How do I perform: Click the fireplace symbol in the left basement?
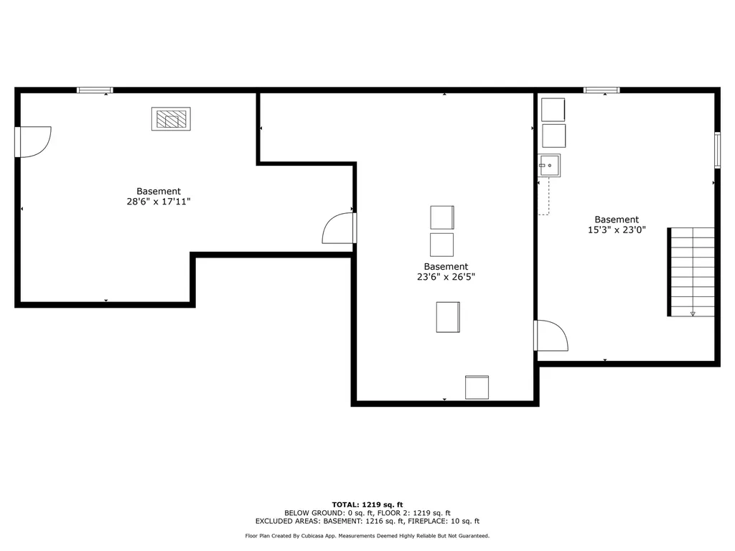click(171, 119)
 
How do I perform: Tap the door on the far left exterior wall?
click(32, 141)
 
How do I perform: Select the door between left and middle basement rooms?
click(340, 228)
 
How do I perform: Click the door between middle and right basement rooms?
click(551, 335)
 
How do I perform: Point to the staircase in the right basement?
click(692, 272)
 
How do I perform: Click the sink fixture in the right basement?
click(550, 166)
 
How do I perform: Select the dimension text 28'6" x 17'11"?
click(159, 202)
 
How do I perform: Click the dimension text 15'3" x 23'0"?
click(616, 230)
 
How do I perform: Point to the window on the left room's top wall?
click(95, 90)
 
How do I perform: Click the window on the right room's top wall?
click(601, 90)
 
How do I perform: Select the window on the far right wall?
click(717, 150)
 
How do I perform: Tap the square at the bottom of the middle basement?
click(477, 387)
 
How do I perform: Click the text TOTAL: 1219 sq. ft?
click(367, 504)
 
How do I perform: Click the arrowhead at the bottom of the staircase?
click(693, 314)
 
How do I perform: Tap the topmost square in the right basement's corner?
click(553, 110)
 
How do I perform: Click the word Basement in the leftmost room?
click(159, 192)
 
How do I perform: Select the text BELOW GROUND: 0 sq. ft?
click(325, 513)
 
